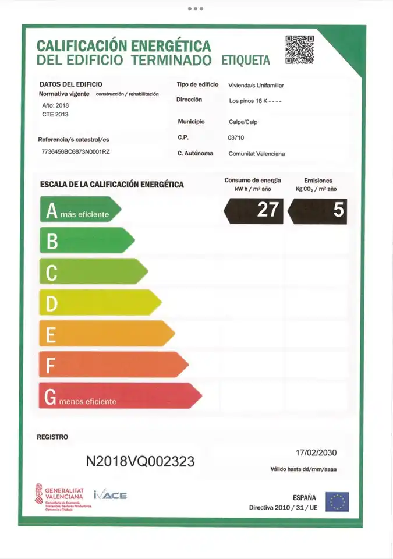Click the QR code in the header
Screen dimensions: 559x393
(x=299, y=50)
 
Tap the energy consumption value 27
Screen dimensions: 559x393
(x=254, y=210)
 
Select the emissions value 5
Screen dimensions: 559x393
(x=318, y=210)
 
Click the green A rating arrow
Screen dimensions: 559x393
(x=79, y=210)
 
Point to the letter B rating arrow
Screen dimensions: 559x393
(x=86, y=240)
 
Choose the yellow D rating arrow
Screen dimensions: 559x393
(x=99, y=302)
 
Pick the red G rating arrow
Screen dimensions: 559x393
(x=119, y=396)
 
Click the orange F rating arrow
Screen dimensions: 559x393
(x=112, y=365)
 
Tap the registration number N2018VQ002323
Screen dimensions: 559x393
(x=140, y=462)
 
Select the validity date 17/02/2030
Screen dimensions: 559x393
(x=316, y=452)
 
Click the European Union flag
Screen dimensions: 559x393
(x=337, y=502)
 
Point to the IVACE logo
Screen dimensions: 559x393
(x=110, y=496)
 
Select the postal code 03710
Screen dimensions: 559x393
(x=236, y=138)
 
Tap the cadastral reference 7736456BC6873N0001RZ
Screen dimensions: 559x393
(x=76, y=151)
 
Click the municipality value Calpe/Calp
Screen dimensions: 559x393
(x=243, y=122)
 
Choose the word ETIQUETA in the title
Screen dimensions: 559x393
(x=246, y=61)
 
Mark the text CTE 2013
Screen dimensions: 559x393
(x=55, y=115)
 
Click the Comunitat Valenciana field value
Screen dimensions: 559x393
(x=256, y=154)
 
